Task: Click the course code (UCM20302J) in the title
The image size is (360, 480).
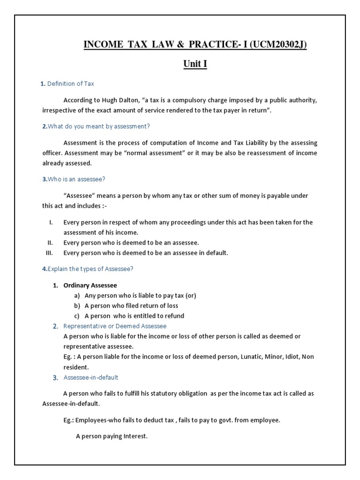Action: (278, 45)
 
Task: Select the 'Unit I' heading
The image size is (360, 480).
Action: (195, 64)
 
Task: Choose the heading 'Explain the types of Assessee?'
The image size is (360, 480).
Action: (88, 269)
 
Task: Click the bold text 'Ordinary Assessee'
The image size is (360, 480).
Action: (90, 285)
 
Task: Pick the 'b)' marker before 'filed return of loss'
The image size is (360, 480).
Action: (77, 306)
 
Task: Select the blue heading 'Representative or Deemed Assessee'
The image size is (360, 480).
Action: (115, 326)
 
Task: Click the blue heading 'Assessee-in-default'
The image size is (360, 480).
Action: (91, 378)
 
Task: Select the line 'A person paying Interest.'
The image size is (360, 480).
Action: (112, 436)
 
